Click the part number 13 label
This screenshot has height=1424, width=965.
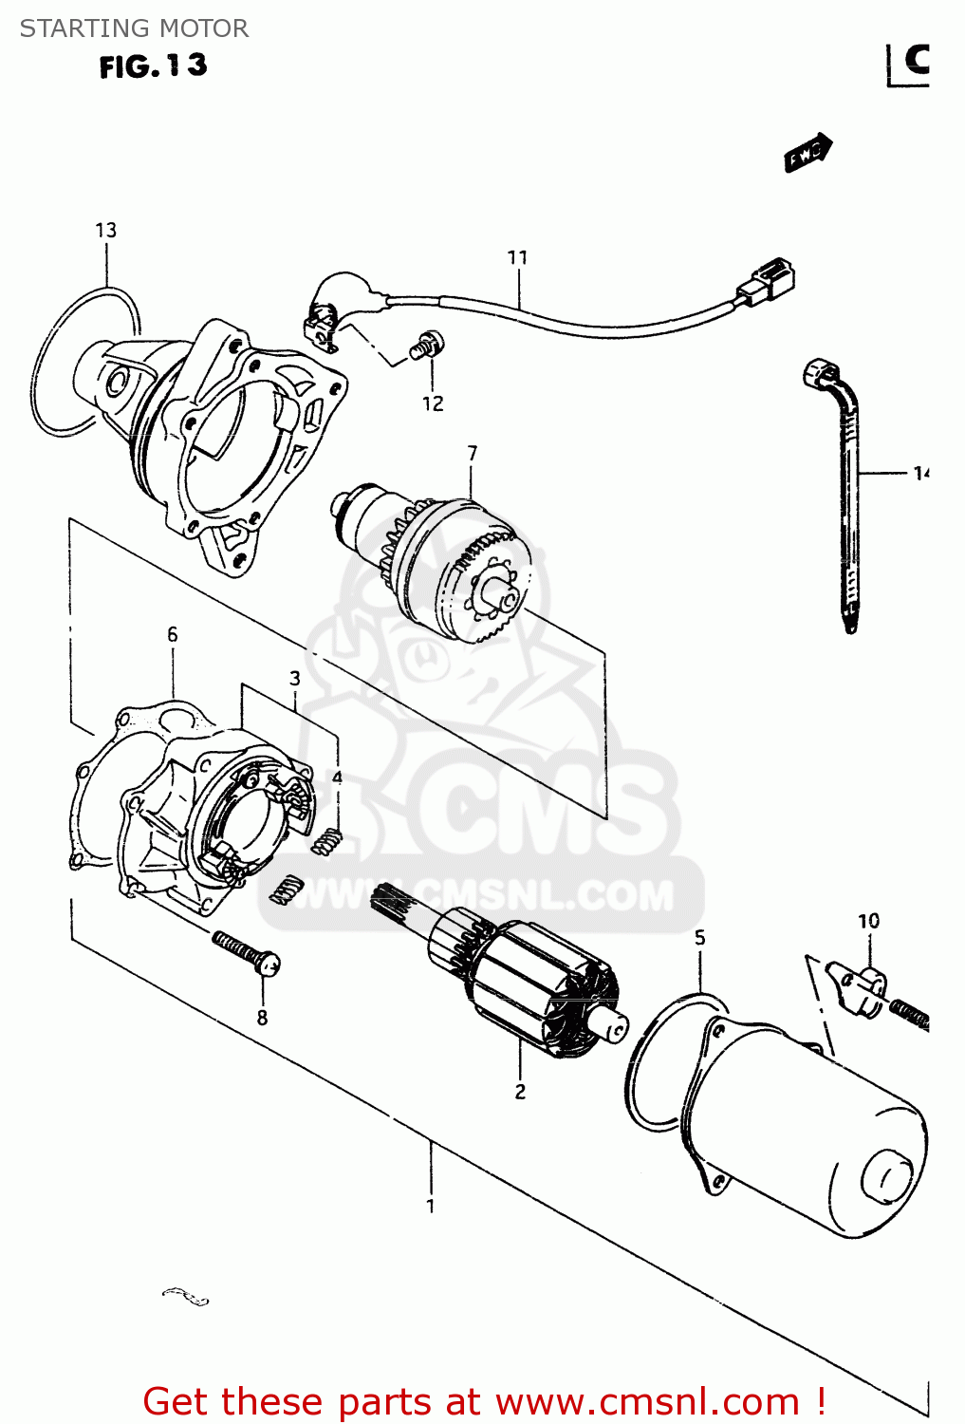(x=105, y=230)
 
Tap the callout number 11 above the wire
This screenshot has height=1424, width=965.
(x=517, y=257)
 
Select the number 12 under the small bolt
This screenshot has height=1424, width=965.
(x=433, y=403)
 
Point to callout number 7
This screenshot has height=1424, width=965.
(x=472, y=454)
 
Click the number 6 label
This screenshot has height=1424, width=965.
(x=172, y=634)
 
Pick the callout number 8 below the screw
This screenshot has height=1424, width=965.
(x=262, y=1018)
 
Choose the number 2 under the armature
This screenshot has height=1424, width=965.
(x=520, y=1092)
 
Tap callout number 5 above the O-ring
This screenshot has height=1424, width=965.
(x=699, y=938)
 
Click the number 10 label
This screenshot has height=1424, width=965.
(x=868, y=921)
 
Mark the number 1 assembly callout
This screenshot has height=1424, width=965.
(x=431, y=1206)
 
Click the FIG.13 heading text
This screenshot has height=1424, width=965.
(x=153, y=66)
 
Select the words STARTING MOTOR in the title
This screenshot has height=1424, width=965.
(x=134, y=28)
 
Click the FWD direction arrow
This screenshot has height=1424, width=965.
(x=807, y=153)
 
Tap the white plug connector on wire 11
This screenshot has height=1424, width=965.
(x=768, y=281)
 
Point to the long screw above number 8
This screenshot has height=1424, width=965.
(x=246, y=953)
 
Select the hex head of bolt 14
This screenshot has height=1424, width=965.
(x=816, y=373)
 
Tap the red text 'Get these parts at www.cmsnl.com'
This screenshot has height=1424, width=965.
(x=484, y=1401)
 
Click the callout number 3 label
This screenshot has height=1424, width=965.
(x=295, y=678)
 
